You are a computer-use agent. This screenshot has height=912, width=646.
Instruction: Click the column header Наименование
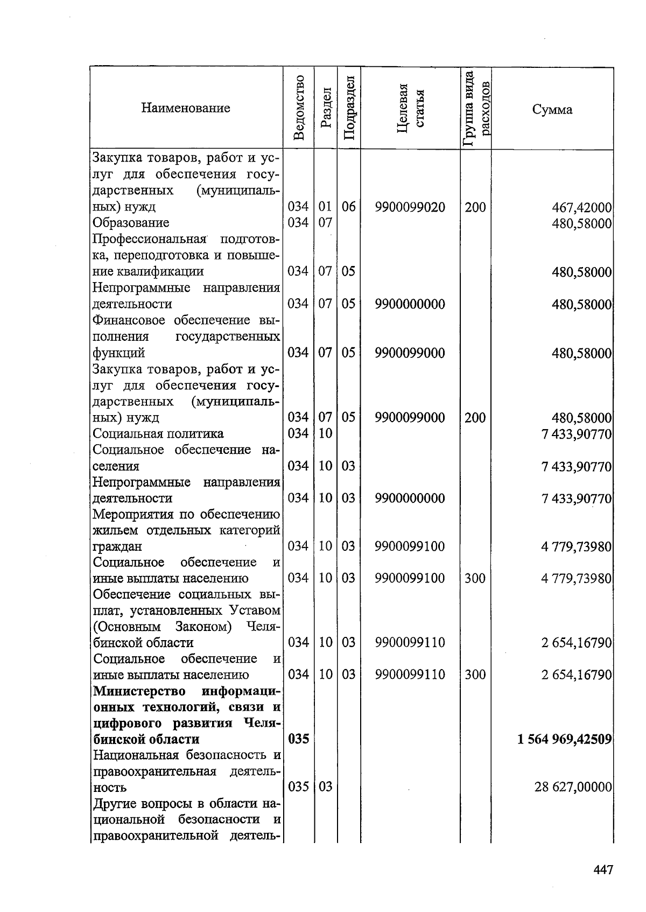186,108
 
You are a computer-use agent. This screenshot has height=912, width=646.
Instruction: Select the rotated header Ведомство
299,108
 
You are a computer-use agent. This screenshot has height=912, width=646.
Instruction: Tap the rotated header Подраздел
349,108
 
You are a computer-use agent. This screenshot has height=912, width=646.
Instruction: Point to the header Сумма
552,110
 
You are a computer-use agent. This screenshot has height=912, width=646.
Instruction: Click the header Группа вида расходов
476,108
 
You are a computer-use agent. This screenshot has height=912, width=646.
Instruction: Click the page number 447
603,870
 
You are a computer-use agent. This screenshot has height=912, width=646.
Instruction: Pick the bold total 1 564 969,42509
564,739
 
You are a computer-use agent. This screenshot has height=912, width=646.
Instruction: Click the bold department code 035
298,739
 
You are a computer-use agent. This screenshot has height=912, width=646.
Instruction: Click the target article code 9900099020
410,207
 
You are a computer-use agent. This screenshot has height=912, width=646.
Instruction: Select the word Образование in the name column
131,223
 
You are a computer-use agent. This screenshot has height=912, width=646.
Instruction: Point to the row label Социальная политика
158,433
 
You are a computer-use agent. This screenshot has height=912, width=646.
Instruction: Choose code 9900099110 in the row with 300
410,675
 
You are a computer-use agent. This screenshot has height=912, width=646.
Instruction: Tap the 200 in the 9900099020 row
475,207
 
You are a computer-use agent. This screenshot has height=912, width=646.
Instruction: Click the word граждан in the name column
117,546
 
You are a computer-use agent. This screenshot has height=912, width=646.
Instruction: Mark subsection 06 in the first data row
348,207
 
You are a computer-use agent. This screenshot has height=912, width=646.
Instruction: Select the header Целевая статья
410,108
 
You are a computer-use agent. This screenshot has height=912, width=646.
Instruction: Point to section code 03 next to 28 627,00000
325,787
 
